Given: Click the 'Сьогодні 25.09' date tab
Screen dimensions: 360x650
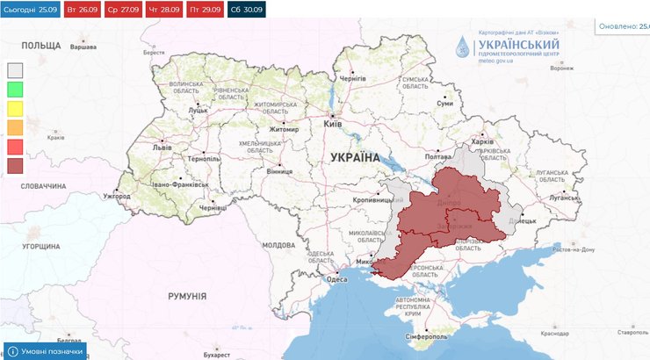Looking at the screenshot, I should pyautogui.click(x=30, y=9).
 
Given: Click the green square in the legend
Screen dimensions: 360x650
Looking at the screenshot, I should pyautogui.click(x=15, y=89).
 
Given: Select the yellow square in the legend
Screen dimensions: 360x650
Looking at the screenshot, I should pyautogui.click(x=15, y=108).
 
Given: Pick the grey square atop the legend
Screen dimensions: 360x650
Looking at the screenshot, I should pyautogui.click(x=15, y=69).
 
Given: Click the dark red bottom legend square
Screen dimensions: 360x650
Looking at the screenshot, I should pyautogui.click(x=15, y=165).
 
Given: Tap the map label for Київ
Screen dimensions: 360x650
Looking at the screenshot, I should pyautogui.click(x=334, y=125).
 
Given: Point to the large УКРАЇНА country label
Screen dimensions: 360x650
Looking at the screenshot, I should pyautogui.click(x=355, y=157).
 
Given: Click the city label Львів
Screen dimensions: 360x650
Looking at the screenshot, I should pyautogui.click(x=162, y=148).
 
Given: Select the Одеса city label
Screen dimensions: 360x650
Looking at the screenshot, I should pyautogui.click(x=337, y=280).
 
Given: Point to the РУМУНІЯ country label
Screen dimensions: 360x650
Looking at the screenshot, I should pyautogui.click(x=186, y=296).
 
